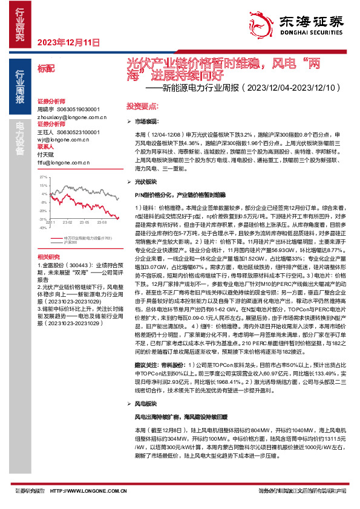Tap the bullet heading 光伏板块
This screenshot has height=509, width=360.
point(145,181)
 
